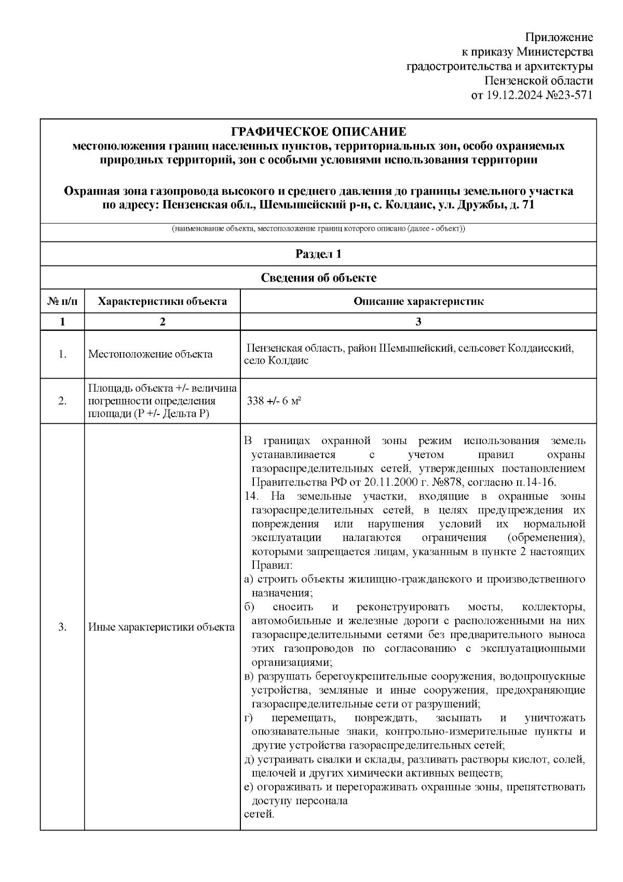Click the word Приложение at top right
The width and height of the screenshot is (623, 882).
point(559,37)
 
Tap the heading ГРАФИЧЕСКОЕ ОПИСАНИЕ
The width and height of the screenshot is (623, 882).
point(318,131)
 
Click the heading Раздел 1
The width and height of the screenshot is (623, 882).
point(318,254)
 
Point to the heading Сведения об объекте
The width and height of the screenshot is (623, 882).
point(318,278)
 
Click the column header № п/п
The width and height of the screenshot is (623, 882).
point(62,301)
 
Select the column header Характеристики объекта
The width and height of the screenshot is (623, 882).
point(162,301)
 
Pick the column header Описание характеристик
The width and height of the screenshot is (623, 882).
point(418,301)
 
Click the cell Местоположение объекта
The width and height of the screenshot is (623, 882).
point(151,354)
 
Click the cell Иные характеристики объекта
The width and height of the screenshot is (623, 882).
point(161,627)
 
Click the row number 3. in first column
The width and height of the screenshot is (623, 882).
point(62,627)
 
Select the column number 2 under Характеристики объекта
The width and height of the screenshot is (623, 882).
point(162,322)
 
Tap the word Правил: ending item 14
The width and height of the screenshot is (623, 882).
point(272,565)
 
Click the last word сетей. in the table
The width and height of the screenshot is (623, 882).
point(259,814)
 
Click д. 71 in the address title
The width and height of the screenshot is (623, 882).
point(520,205)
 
